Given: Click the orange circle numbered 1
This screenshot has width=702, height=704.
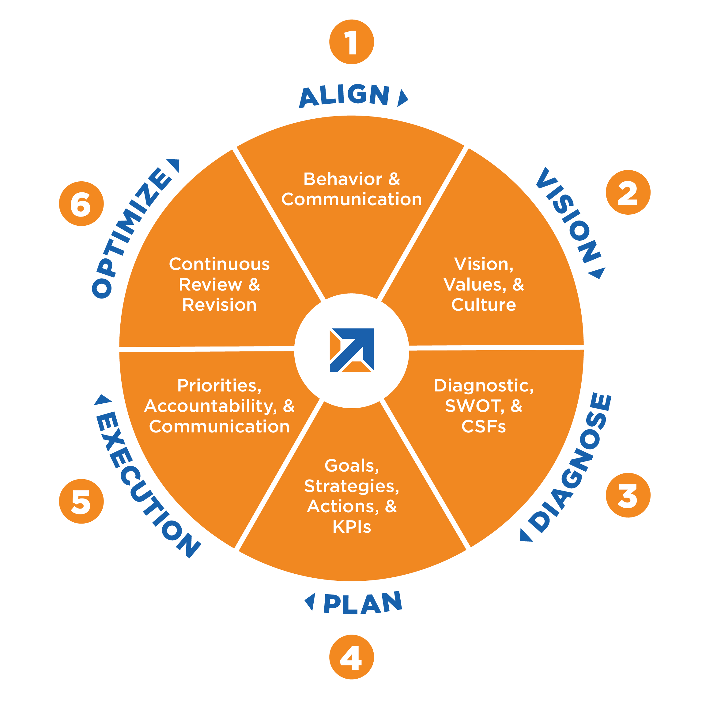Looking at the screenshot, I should pyautogui.click(x=351, y=42).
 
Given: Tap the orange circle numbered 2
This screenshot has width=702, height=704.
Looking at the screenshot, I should pyautogui.click(x=628, y=192).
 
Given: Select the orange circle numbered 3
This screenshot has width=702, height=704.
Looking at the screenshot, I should pyautogui.click(x=628, y=495).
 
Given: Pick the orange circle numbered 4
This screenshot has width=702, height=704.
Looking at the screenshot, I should pyautogui.click(x=351, y=657).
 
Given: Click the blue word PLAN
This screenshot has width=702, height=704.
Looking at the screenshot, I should pyautogui.click(x=363, y=603).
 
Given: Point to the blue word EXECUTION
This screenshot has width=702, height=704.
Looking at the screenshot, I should pyautogui.click(x=146, y=485).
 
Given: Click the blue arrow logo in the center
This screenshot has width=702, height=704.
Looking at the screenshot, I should pyautogui.click(x=351, y=350).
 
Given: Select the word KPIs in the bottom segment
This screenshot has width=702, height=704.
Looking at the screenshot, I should pyautogui.click(x=352, y=527).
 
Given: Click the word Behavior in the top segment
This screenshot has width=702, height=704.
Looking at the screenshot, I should pyautogui.click(x=343, y=179).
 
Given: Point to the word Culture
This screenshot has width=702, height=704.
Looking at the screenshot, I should pyautogui.click(x=483, y=305).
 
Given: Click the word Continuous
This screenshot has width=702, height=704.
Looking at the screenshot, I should pyautogui.click(x=219, y=264).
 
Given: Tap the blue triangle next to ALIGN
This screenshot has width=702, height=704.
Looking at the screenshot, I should pyautogui.click(x=402, y=98).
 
